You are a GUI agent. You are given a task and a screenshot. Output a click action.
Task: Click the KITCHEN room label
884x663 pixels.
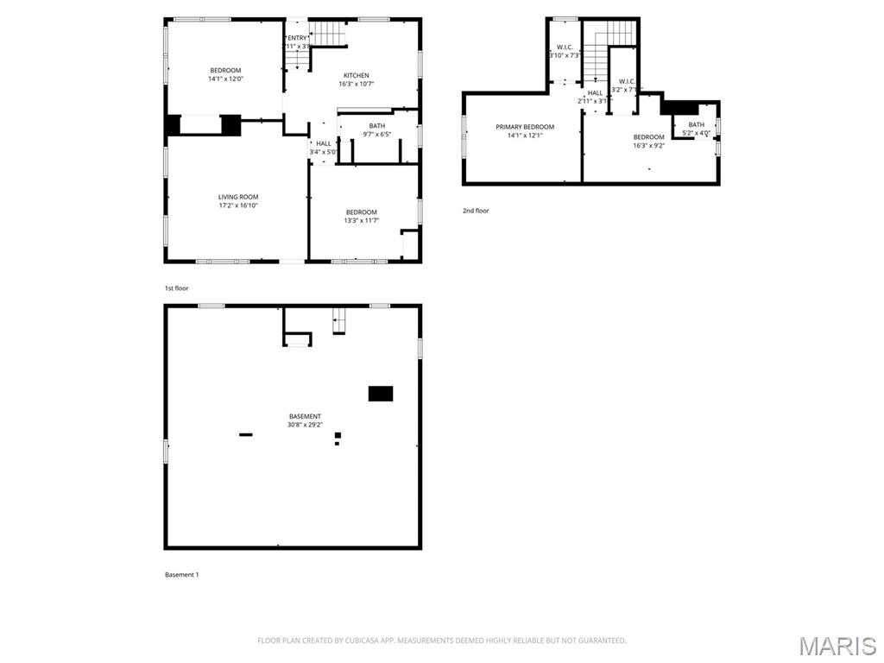click(356, 75)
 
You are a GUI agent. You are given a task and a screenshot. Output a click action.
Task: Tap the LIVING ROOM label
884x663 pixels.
click(238, 197)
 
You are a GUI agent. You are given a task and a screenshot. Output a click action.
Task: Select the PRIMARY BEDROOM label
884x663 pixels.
click(525, 127)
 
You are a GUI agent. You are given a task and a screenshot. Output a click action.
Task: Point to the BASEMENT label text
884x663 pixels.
click(305, 416)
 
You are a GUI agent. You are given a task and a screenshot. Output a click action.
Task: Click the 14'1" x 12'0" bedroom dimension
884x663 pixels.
click(224, 79)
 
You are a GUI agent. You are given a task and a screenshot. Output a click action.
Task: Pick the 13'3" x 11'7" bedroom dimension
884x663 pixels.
click(361, 221)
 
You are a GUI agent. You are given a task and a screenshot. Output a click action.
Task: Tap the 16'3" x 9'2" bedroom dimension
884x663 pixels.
click(648, 146)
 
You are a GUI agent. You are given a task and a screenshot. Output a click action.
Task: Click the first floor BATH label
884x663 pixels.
click(377, 126)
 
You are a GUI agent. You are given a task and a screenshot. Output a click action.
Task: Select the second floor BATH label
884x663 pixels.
click(696, 125)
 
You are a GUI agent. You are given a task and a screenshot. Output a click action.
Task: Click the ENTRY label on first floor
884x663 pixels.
click(297, 38)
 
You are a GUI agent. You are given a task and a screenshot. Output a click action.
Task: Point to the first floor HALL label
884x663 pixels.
click(323, 143)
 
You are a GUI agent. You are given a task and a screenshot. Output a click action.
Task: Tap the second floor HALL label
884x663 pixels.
click(595, 93)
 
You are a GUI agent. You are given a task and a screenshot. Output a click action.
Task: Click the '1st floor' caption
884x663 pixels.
click(176, 288)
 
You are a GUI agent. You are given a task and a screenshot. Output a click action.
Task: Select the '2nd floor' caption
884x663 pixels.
click(476, 211)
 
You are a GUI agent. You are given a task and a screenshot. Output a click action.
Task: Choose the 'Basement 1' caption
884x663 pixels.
click(181, 575)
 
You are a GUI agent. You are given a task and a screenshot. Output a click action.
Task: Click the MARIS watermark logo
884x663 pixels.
click(837, 646)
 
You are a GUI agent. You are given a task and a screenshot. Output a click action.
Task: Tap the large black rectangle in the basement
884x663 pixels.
click(381, 394)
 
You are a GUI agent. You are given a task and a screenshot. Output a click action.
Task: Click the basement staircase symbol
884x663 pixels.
click(339, 319)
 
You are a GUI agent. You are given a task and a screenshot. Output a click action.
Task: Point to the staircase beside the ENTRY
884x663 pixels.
click(327, 34)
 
